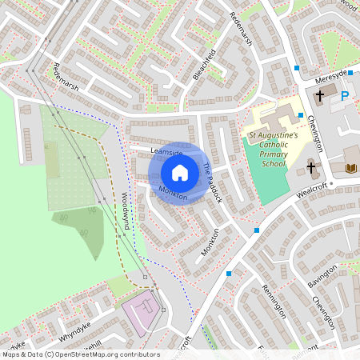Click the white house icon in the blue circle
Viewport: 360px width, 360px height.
click(x=180, y=172)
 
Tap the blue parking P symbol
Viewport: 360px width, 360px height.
click(x=345, y=96)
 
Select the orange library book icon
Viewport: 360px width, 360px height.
click(x=351, y=168)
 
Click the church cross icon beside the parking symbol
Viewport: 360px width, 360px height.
click(x=319, y=95)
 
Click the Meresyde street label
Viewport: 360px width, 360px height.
click(x=331, y=74)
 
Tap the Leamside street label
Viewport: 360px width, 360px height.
click(x=167, y=151)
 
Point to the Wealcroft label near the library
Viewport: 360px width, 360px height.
click(x=313, y=193)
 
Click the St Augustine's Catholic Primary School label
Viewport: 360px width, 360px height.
click(x=273, y=150)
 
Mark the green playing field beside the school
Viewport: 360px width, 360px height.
click(x=264, y=172)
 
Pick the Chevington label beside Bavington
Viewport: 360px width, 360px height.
click(x=324, y=312)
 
